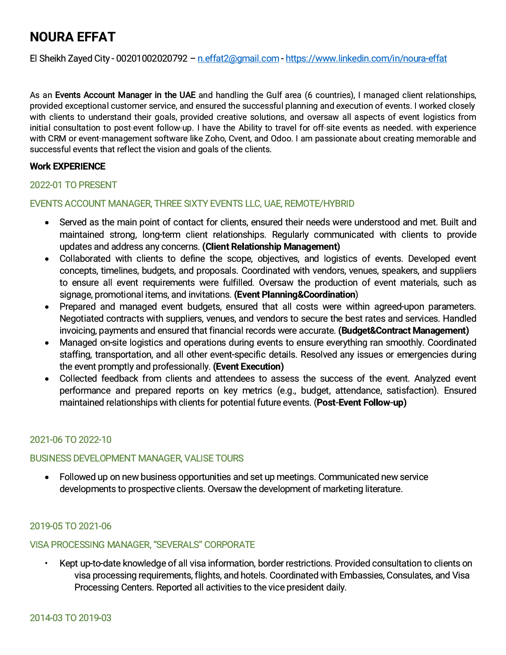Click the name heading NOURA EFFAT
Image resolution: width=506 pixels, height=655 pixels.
73,37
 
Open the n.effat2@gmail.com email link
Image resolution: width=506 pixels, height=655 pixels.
238,58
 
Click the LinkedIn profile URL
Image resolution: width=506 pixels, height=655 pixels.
366,58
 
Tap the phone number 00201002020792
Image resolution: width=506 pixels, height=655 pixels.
152,58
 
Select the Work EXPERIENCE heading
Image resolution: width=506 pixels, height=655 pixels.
67,166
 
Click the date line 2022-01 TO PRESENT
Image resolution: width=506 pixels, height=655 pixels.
73,185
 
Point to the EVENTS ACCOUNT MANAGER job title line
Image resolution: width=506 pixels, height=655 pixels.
192,203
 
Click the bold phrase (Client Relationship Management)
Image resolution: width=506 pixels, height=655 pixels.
271,246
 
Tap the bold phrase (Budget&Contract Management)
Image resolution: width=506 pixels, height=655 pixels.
403,330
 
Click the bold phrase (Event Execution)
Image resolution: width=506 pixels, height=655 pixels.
248,366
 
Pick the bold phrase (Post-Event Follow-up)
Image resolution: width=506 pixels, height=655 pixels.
360,402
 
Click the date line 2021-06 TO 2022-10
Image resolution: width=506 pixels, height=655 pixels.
70,440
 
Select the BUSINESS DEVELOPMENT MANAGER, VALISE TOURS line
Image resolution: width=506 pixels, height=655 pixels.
136,458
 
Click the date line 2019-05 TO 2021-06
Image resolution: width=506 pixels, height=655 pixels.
70,526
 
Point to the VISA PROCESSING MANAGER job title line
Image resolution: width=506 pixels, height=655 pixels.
142,545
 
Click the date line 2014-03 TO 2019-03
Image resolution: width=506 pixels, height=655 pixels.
70,618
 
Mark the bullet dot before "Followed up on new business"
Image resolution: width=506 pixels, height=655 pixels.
48,477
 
